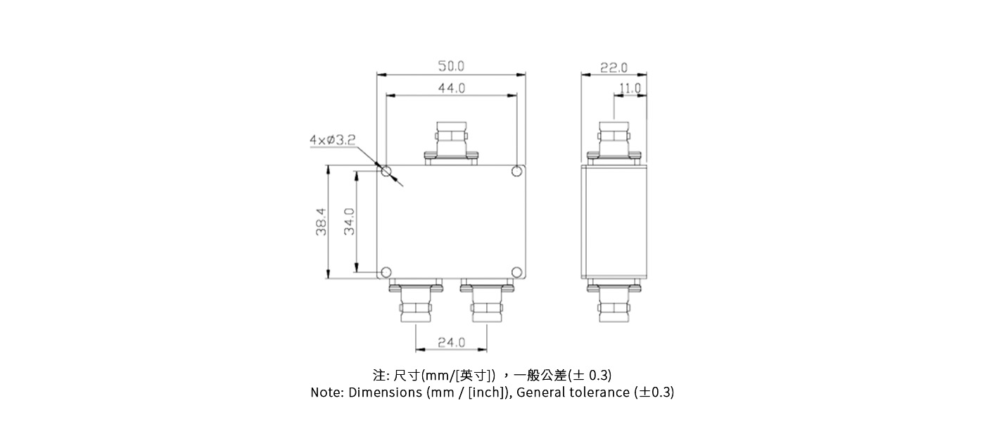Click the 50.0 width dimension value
451,66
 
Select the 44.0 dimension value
451,88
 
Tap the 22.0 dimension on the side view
614,68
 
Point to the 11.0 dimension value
630,89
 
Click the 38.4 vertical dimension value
321,221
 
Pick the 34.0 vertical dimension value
349,221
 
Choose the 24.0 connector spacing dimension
451,343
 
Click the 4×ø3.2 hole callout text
331,140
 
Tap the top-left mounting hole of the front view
386,171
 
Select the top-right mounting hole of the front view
516,171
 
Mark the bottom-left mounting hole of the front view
386,272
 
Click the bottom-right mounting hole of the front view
516,272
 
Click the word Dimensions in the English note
386,392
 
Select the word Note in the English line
326,392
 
